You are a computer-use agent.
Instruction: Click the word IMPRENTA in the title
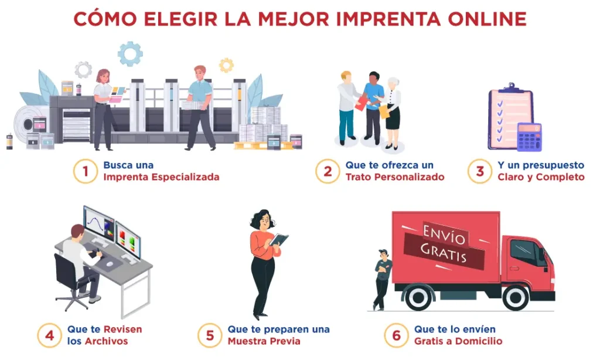pos(388,19)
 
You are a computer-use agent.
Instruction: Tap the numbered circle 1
pos(86,171)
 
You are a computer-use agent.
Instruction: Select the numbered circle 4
pos(49,335)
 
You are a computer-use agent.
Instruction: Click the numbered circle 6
pos(396,335)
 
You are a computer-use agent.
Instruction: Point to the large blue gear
pos(130,54)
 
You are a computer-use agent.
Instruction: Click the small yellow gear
pos(226,65)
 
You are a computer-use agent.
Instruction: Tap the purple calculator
pos(530,137)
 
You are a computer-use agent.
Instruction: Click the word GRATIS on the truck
pos(444,253)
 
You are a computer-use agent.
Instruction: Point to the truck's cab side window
pos(524,252)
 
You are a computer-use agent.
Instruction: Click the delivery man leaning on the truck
pos(382,280)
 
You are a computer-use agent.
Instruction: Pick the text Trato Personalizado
pos(395,177)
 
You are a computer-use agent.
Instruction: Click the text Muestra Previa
pos(264,341)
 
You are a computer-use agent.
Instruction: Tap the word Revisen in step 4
pos(123,330)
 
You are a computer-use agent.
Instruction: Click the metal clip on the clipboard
pos(511,88)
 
